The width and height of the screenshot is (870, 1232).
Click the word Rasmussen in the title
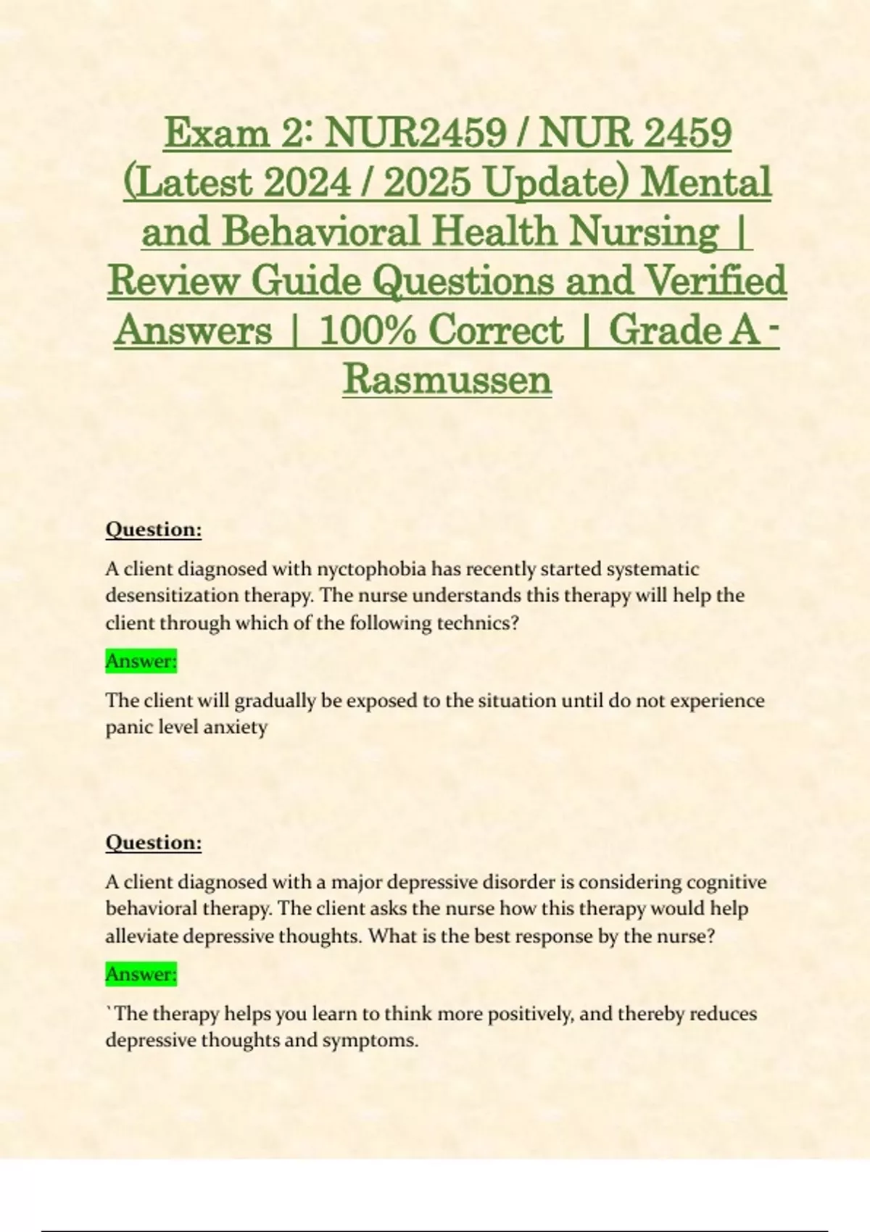447,378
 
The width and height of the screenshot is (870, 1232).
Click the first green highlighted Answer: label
141,661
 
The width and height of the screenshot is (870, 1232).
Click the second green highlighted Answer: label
141,974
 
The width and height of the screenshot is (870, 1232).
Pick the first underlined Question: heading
154,529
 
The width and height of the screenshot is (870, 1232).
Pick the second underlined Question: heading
154,842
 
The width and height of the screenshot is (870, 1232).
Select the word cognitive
726,882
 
